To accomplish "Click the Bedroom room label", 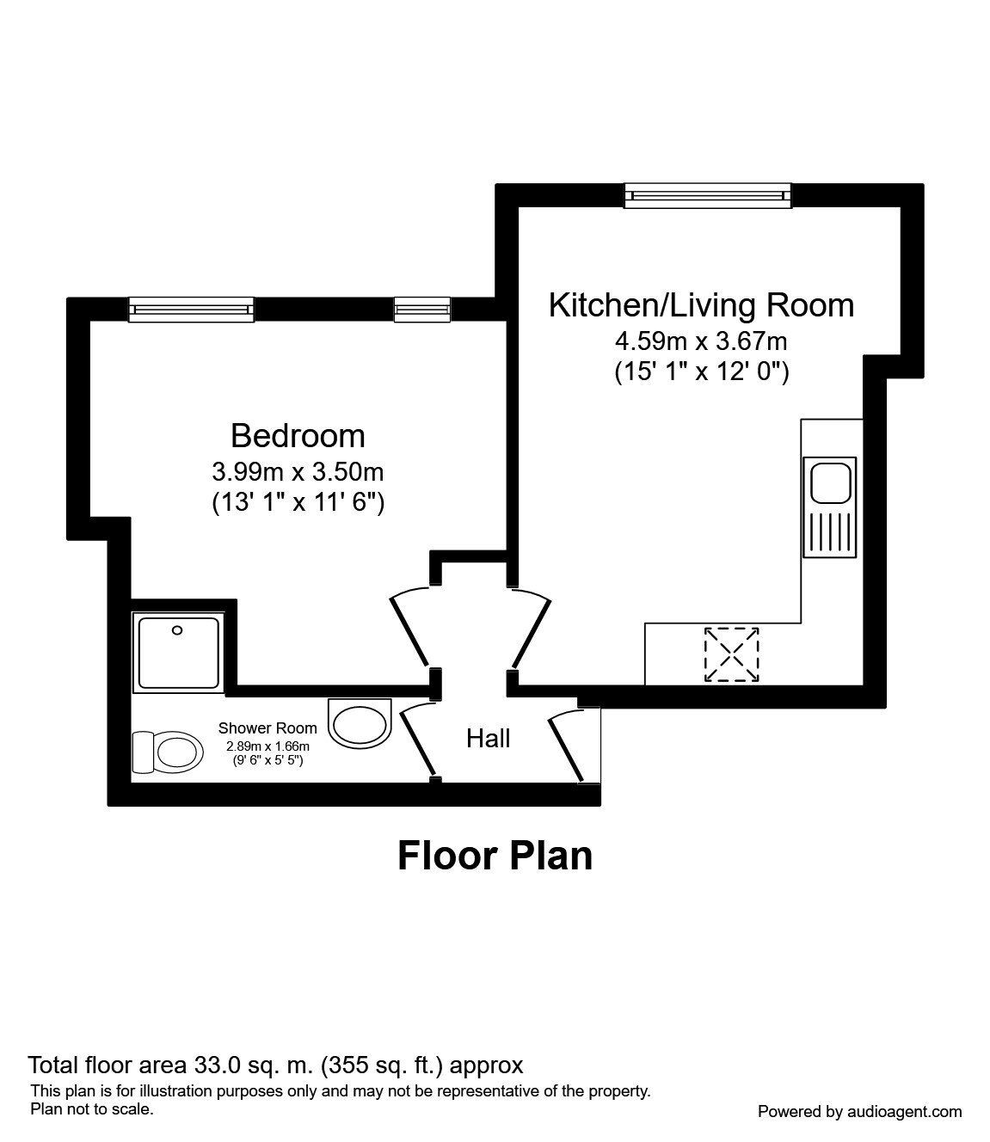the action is point(298,437).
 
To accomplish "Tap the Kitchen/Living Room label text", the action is point(701,305).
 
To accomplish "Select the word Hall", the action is point(488,739).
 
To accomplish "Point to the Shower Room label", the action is point(267,728).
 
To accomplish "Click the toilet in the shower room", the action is point(167,752).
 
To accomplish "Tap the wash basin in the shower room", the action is point(360,721).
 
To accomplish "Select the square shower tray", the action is point(179,653).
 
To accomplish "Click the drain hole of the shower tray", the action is point(177,630).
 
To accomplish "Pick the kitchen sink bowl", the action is point(831,483).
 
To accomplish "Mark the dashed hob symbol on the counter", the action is point(731,654).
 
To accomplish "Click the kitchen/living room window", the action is point(708,195).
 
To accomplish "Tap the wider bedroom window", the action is point(191,310).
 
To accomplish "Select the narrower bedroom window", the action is point(422,310).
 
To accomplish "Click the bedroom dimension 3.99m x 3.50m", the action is point(298,472).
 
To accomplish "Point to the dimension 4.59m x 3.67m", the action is point(701,341).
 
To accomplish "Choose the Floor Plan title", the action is point(495,856).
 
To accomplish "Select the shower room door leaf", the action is point(417,744).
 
